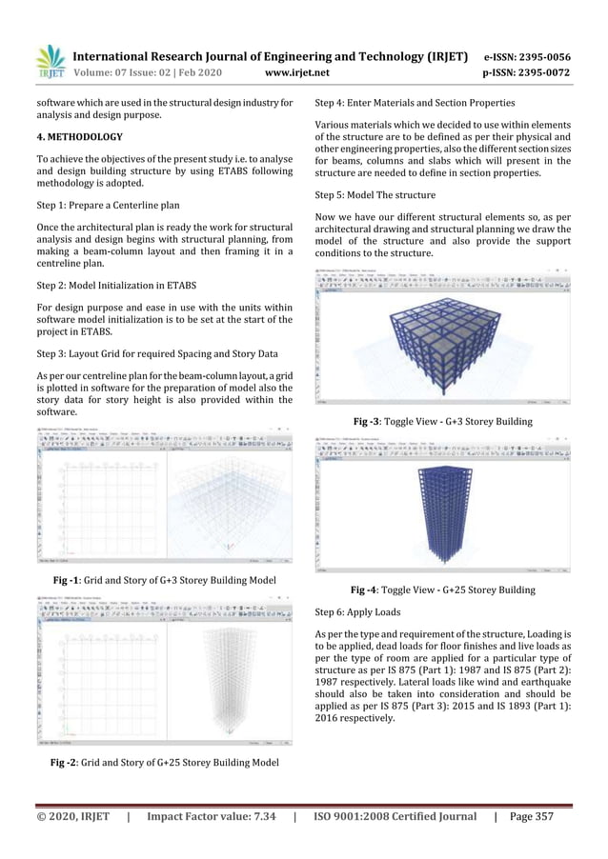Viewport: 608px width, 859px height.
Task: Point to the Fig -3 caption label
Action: (x=368, y=421)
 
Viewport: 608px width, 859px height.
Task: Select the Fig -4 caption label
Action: (x=366, y=590)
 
